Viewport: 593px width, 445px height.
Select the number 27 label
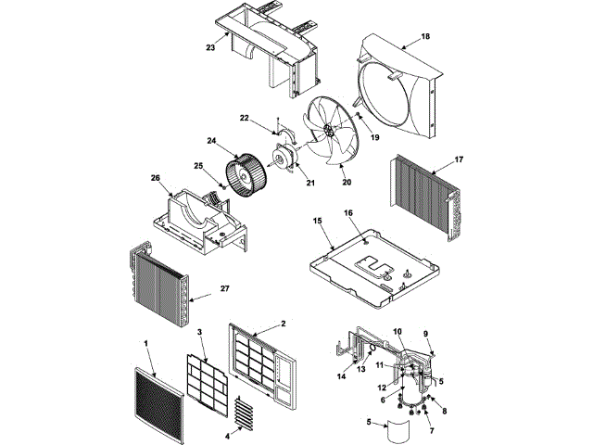223,288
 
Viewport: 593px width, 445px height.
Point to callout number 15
318,222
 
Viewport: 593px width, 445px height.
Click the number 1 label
146,343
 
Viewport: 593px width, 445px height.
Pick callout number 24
212,142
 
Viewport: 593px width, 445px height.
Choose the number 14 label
340,375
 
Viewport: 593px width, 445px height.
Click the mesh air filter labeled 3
215,381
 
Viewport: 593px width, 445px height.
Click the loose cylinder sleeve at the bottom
398,433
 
